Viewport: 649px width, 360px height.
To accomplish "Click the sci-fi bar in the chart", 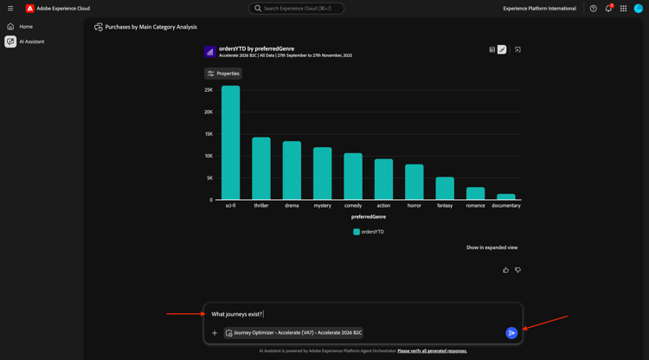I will pos(230,143).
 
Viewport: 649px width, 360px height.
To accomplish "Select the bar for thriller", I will pos(261,169).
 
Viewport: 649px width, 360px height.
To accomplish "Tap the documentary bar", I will pos(506,196).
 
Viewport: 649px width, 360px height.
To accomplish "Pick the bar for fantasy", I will pos(445,189).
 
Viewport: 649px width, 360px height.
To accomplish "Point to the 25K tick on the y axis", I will pos(209,90).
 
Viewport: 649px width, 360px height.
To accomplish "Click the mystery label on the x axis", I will pos(322,206).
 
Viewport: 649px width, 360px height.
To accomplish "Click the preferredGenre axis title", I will pos(369,217).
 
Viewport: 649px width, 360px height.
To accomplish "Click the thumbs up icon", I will pos(506,270).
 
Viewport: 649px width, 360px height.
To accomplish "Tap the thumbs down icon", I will pos(518,270).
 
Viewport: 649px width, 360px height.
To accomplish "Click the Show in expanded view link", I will pos(492,247).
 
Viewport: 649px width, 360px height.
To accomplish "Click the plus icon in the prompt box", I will pos(215,333).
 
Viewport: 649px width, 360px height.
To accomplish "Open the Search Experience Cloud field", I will pos(297,9).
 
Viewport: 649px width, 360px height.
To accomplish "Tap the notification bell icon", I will pos(608,9).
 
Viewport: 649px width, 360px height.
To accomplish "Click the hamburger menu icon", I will pos(10,9).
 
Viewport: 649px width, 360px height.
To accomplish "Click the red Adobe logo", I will pos(29,9).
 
